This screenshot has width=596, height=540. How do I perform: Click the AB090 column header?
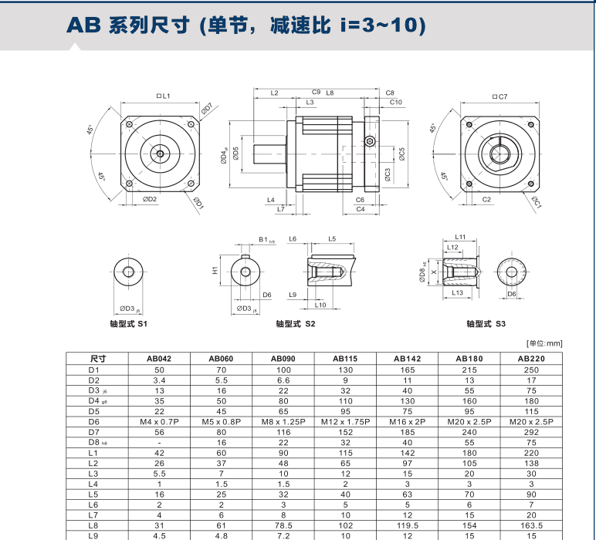(x=281, y=358)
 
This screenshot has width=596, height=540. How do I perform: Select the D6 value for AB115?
(x=344, y=422)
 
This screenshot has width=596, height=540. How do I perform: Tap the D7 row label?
(x=93, y=433)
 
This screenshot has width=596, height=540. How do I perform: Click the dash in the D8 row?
(x=158, y=444)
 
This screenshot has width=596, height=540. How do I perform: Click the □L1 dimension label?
(x=163, y=96)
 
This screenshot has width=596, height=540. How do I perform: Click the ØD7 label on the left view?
(x=207, y=110)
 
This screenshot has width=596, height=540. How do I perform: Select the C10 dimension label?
(x=396, y=102)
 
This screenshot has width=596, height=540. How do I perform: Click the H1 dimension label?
(x=215, y=272)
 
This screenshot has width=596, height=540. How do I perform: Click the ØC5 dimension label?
(x=402, y=154)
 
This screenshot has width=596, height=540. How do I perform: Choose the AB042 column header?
(x=158, y=358)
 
